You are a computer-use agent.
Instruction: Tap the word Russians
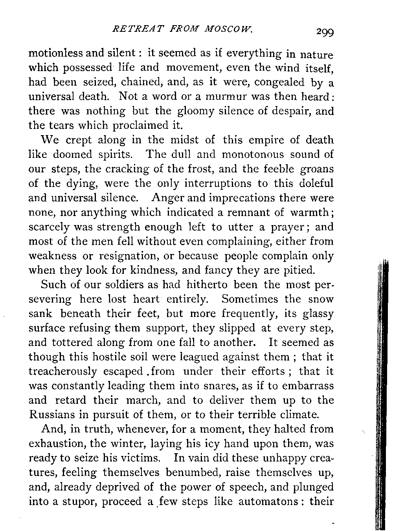(50, 415)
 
